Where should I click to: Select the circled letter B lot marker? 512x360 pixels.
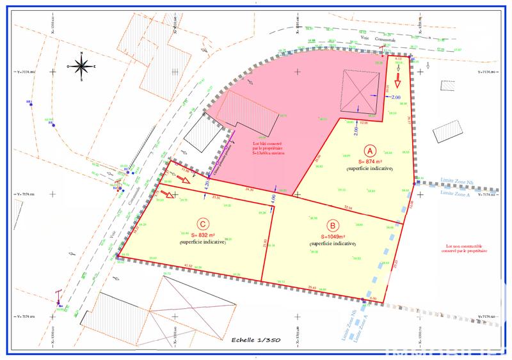[332, 225]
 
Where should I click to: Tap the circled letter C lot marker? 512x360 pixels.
[202, 224]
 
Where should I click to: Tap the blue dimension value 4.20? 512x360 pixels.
[206, 185]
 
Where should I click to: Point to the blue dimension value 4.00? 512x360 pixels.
[273, 199]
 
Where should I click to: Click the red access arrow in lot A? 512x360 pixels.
[397, 80]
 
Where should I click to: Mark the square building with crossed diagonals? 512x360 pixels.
[360, 90]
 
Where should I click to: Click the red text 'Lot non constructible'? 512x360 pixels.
[464, 247]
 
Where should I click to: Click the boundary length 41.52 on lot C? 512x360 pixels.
[188, 265]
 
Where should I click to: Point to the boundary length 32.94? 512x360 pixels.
[349, 208]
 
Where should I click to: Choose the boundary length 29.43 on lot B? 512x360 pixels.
[313, 287]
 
